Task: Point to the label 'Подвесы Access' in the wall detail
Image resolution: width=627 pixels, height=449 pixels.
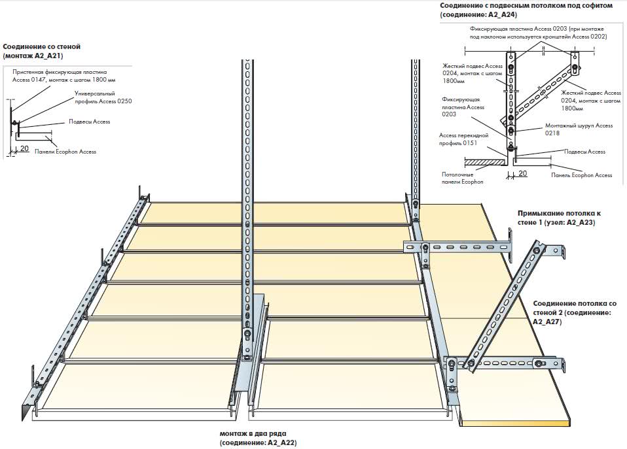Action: (x=89, y=122)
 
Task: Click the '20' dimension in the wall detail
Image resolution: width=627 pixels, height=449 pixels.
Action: (x=24, y=149)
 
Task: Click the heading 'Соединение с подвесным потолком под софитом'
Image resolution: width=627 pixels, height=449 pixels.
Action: (x=526, y=5)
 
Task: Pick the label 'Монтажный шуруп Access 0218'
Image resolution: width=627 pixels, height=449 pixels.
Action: (x=579, y=129)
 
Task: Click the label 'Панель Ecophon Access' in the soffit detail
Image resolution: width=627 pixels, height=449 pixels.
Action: (x=581, y=175)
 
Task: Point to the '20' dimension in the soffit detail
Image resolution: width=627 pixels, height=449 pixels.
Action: (x=522, y=173)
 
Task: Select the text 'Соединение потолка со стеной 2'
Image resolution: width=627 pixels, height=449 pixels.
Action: (x=575, y=308)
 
